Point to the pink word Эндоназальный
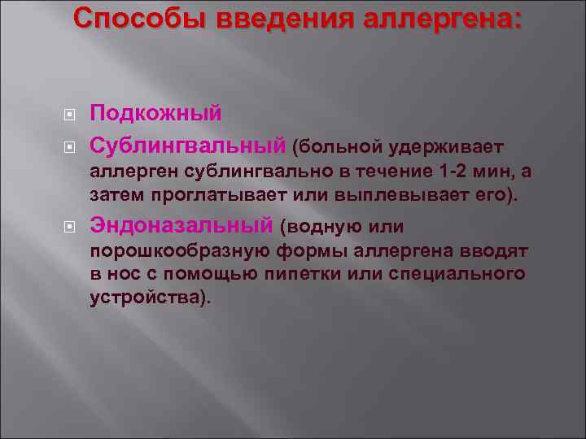(181, 225)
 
